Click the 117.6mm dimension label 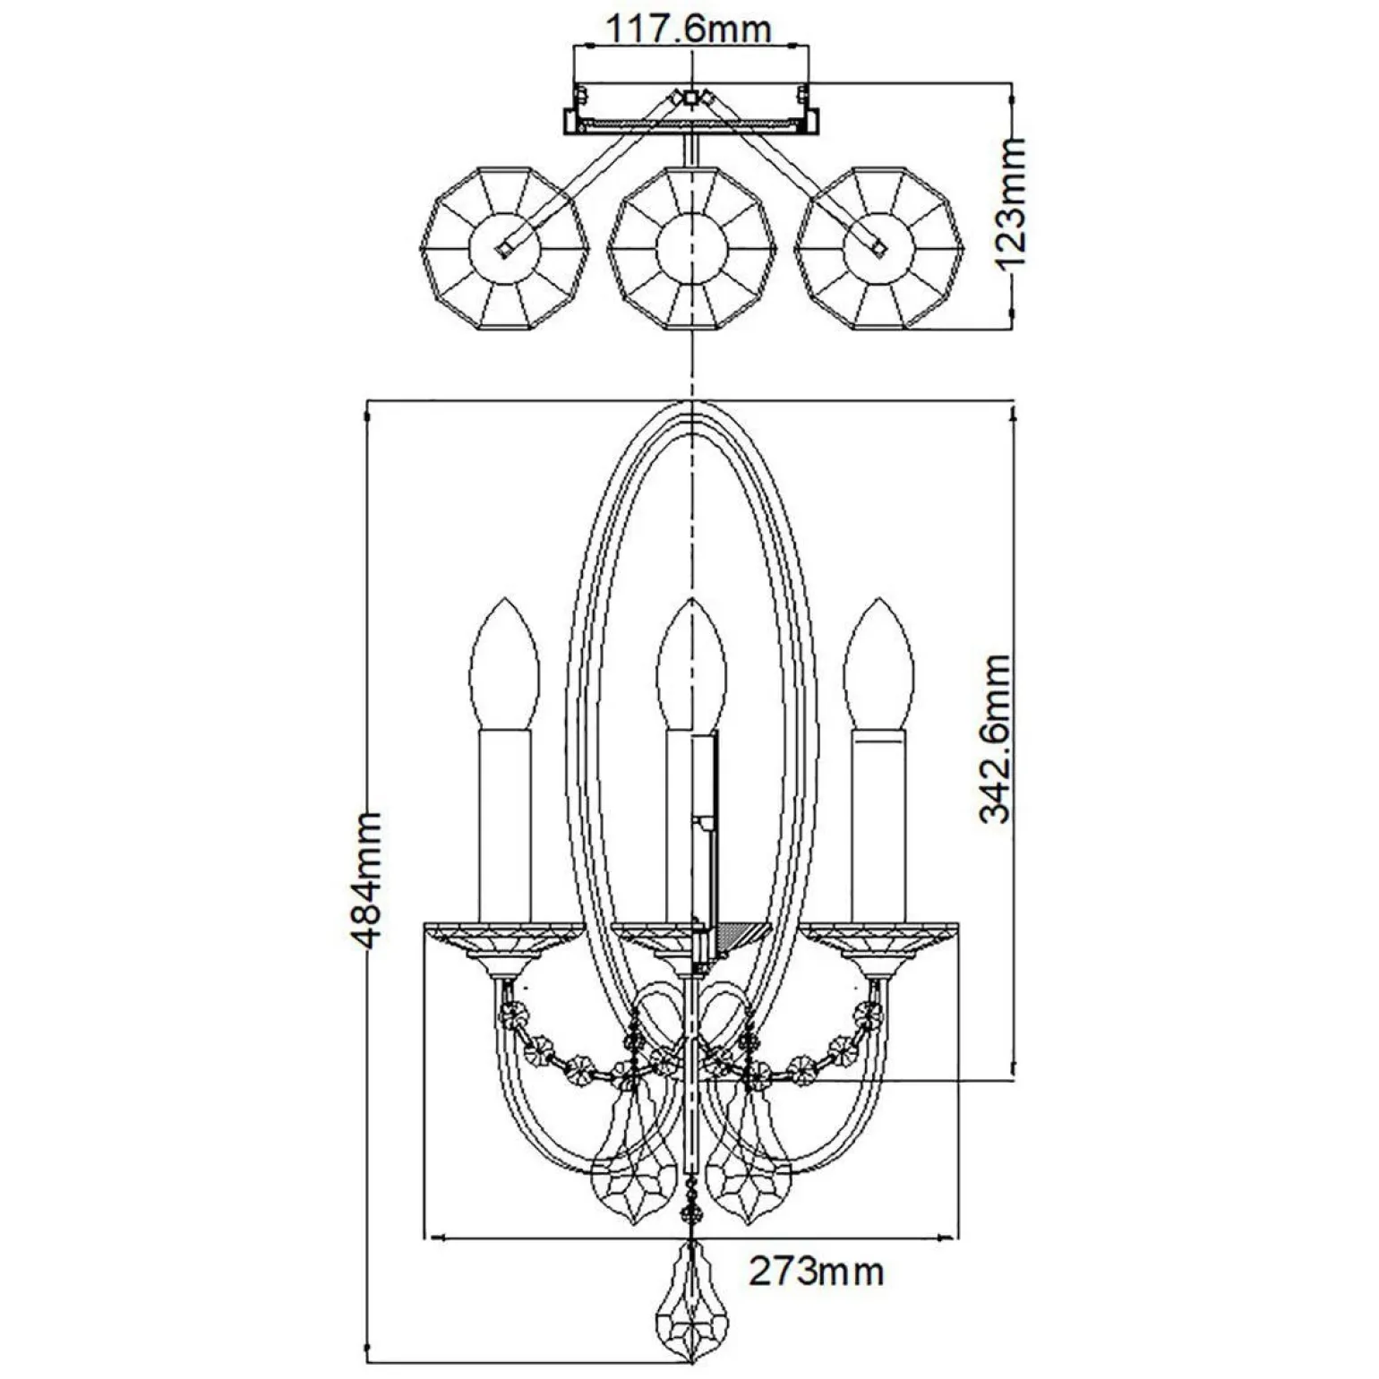689,30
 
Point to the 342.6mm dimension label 993,739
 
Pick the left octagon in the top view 506,247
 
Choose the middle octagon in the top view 689,247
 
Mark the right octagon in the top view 879,247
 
